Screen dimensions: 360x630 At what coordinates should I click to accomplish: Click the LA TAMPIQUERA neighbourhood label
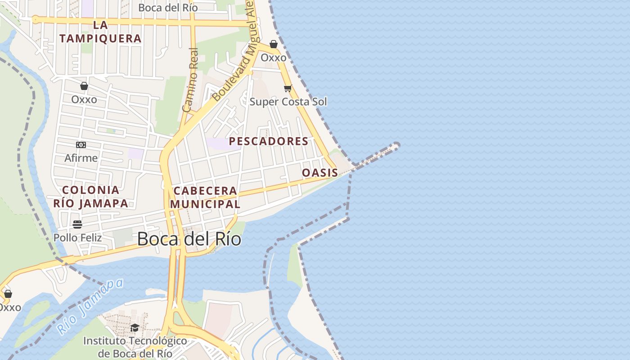point(100,31)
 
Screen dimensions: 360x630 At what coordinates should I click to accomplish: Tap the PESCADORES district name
point(269,141)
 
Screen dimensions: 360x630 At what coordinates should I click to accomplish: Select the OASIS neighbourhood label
point(320,173)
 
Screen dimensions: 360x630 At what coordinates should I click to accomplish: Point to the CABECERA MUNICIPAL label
point(205,197)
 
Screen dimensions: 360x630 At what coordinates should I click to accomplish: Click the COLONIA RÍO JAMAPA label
point(91,196)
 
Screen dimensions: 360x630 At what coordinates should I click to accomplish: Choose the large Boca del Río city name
point(189,238)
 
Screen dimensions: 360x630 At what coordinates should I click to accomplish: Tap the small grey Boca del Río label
point(168,8)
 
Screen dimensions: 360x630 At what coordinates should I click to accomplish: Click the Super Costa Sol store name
point(288,102)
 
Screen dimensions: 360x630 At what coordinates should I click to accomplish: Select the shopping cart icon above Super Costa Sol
point(288,88)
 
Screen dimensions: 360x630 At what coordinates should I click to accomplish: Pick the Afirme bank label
point(81,158)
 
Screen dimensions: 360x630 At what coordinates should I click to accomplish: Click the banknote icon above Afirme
point(81,145)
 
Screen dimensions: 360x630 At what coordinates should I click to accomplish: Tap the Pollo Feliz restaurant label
point(78,237)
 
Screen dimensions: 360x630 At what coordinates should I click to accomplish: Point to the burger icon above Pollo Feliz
point(77,224)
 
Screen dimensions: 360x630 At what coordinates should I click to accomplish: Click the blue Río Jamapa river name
point(90,306)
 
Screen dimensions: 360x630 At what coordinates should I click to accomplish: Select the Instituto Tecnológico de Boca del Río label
point(135,347)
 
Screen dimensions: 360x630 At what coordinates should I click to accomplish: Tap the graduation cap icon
point(135,328)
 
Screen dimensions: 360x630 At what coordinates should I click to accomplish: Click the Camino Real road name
point(191,80)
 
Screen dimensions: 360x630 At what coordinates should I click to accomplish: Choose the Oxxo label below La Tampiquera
point(84,99)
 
